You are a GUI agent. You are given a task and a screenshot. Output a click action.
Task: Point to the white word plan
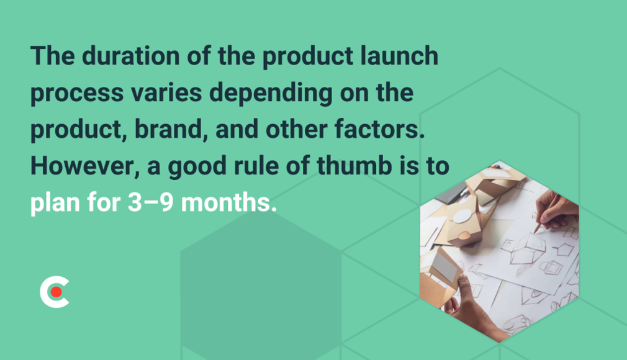point(53,204)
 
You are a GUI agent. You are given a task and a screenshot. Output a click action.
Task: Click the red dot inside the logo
point(56,291)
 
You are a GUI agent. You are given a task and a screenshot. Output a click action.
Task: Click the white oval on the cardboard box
point(462,217)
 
